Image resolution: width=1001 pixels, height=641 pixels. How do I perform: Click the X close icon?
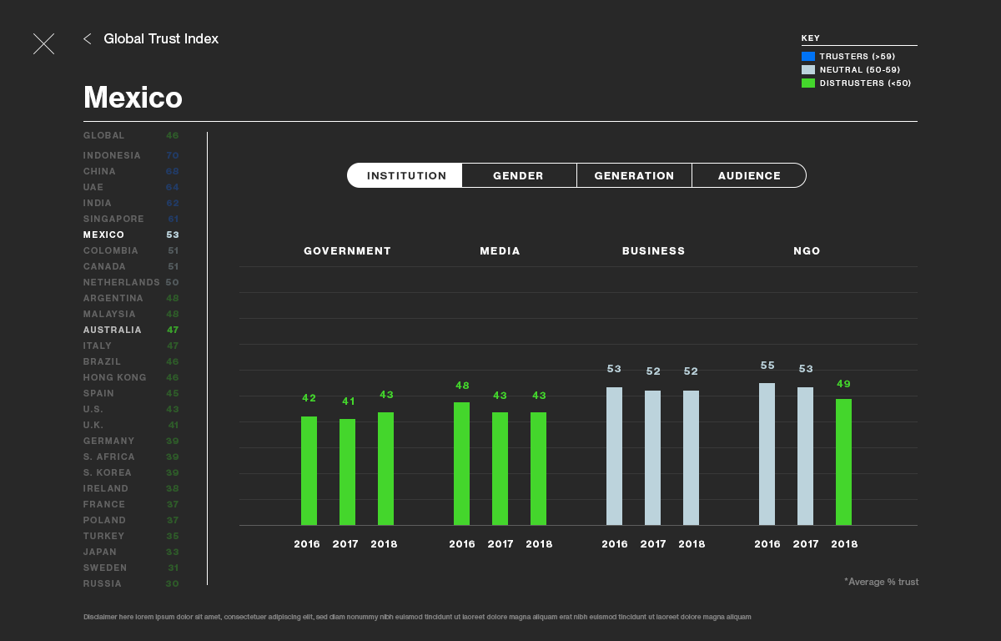[43, 44]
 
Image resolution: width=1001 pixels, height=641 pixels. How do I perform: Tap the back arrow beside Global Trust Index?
[88, 38]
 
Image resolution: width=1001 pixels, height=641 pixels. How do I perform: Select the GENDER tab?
[518, 175]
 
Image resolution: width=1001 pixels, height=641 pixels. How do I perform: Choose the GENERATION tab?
[634, 175]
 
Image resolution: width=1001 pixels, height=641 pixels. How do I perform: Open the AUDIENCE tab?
[749, 175]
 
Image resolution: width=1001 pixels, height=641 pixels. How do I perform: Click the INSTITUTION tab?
[406, 175]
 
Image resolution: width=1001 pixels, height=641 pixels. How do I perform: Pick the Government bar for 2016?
[309, 471]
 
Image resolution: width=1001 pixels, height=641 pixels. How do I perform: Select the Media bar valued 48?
[461, 464]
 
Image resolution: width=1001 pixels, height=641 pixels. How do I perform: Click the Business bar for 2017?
[652, 457]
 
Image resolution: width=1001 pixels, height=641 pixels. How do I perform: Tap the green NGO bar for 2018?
[843, 462]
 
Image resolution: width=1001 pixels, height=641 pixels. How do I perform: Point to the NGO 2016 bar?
[767, 454]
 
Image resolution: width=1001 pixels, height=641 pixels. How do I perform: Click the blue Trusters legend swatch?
[807, 57]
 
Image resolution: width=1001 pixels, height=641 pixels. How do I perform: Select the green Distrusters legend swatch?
[807, 83]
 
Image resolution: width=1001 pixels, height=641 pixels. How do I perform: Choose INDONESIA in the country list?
[112, 155]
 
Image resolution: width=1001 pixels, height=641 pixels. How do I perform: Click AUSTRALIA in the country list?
[113, 330]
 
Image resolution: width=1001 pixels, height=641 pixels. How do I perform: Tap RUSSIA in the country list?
[103, 583]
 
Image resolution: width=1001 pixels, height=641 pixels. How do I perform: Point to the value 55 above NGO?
[767, 366]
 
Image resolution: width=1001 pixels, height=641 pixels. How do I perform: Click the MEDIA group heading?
[500, 250]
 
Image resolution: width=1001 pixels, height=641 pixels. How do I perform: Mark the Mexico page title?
[133, 98]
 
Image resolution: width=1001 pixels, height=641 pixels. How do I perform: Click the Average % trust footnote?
[881, 582]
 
